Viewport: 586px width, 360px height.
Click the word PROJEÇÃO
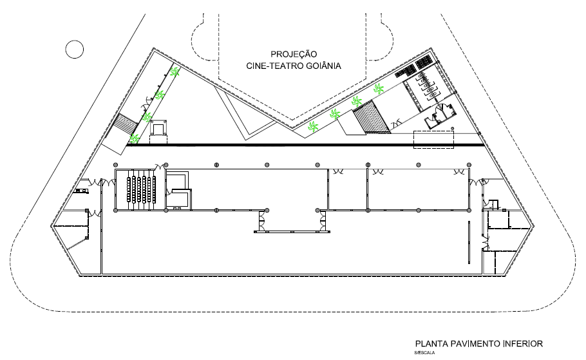(x=294, y=54)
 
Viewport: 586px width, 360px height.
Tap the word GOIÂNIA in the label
(x=324, y=66)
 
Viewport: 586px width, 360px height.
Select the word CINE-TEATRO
(x=275, y=66)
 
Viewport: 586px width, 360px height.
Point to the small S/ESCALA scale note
(x=424, y=352)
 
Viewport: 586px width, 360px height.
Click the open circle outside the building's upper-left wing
(x=74, y=49)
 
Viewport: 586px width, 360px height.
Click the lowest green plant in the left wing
(x=134, y=139)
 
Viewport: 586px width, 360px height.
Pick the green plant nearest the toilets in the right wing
(x=379, y=89)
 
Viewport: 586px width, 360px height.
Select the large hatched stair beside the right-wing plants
(x=372, y=117)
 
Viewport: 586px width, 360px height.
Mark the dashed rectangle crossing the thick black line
(x=433, y=140)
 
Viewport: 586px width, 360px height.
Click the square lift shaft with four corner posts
(x=158, y=129)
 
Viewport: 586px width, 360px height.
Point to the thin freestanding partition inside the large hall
(x=469, y=243)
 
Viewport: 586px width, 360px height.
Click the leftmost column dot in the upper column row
(x=116, y=165)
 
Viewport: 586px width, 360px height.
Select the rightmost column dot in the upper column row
(x=469, y=165)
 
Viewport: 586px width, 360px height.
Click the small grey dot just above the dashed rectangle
(x=452, y=129)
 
